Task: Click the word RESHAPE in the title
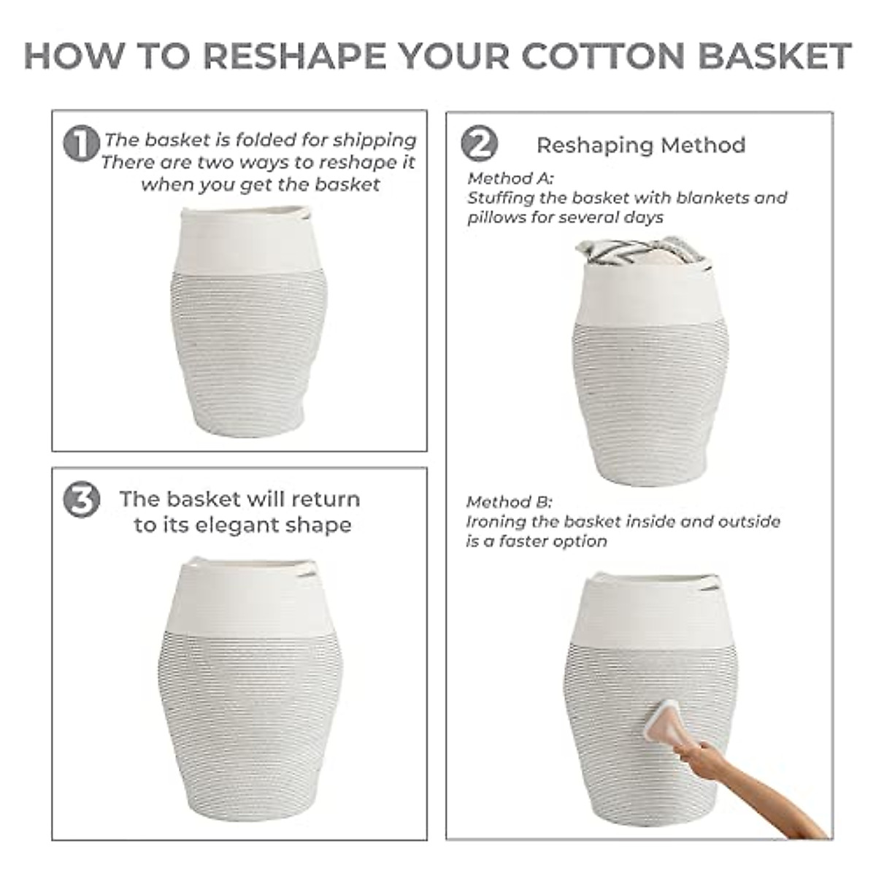(x=295, y=56)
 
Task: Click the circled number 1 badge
(x=81, y=143)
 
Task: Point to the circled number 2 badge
(x=480, y=143)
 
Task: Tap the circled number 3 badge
(x=81, y=500)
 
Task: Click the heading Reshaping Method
(x=641, y=145)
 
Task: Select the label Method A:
(x=510, y=178)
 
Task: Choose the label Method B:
(x=509, y=502)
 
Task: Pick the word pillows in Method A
(x=492, y=218)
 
